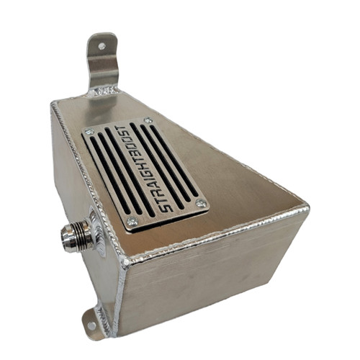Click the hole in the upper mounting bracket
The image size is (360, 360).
point(102,46)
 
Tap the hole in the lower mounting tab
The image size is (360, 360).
point(91,325)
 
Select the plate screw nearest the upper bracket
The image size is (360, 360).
point(148,120)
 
